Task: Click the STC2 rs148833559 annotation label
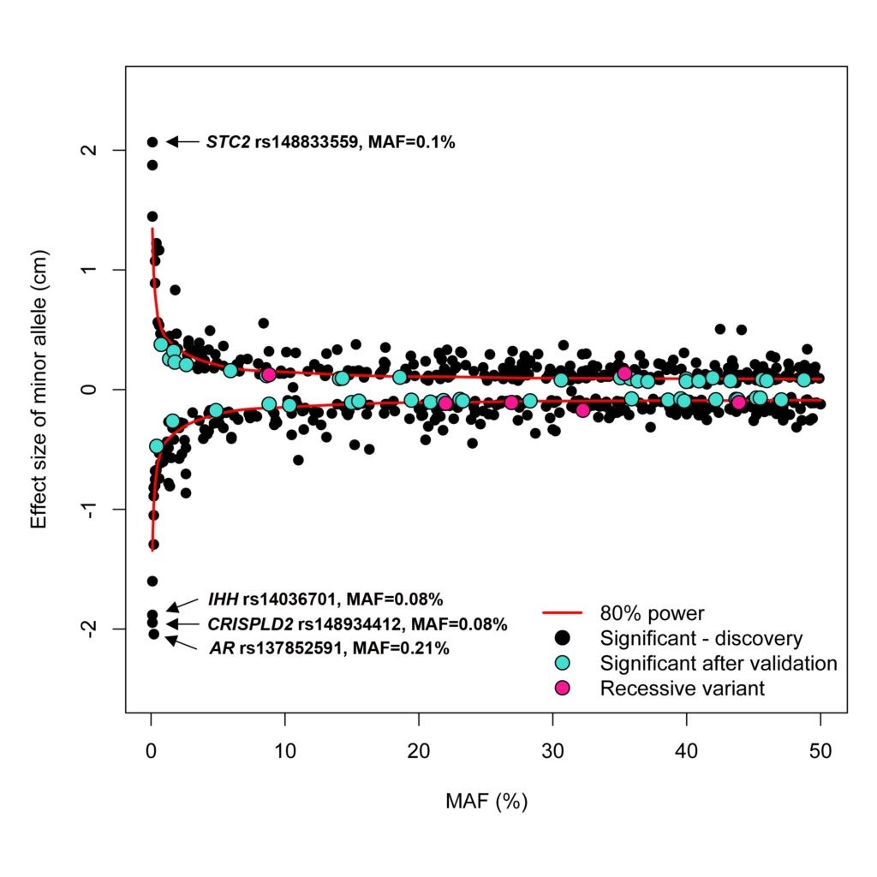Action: coord(330,142)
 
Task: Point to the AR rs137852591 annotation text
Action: coord(329,648)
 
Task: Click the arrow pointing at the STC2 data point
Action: coord(182,141)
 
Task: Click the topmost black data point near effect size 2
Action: coord(152,142)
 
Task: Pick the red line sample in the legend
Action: coord(562,613)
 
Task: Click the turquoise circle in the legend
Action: coord(563,663)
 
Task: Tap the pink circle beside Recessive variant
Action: coord(563,688)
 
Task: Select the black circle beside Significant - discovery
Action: coord(563,638)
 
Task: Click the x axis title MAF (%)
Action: coord(486,802)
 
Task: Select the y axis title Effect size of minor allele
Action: coord(39,390)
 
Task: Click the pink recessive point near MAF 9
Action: coord(269,374)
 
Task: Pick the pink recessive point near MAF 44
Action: coord(738,402)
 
